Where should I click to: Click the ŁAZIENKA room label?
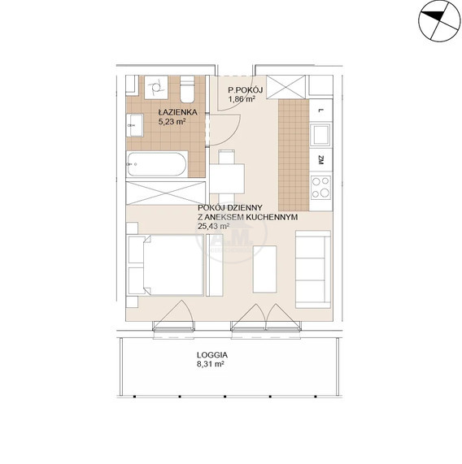pos(177,112)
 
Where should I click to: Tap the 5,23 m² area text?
pos(172,122)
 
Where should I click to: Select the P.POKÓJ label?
pos(245,89)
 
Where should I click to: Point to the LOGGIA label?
pos(212,355)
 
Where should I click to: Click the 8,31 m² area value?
pos(211,364)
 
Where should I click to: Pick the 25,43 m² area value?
pos(213,227)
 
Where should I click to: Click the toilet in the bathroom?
pos(187,89)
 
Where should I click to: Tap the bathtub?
pos(157,164)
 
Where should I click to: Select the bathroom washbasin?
pos(135,125)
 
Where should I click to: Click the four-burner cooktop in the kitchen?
pos(321,187)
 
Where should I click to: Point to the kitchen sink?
pos(320,135)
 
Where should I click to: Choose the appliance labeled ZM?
pos(320,161)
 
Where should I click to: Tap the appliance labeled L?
pos(320,111)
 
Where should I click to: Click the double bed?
pos(165,265)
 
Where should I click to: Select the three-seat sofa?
pos(313,270)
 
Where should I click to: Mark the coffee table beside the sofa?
pos(264,269)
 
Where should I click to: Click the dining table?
pos(227,179)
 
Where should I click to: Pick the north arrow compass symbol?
pos(439,20)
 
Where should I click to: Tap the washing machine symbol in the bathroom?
pos(156,87)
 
